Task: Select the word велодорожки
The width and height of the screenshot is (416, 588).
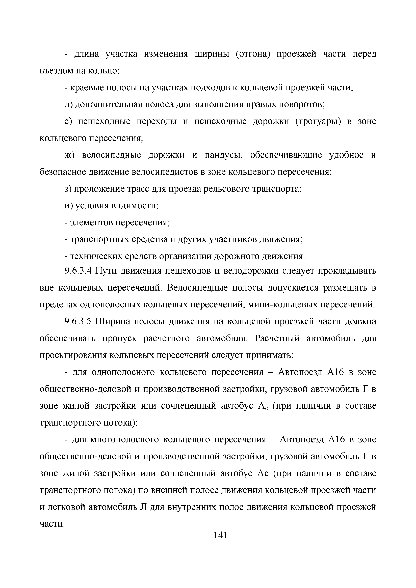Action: [x=251, y=271]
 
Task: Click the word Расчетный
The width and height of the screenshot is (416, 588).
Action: [x=277, y=338]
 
